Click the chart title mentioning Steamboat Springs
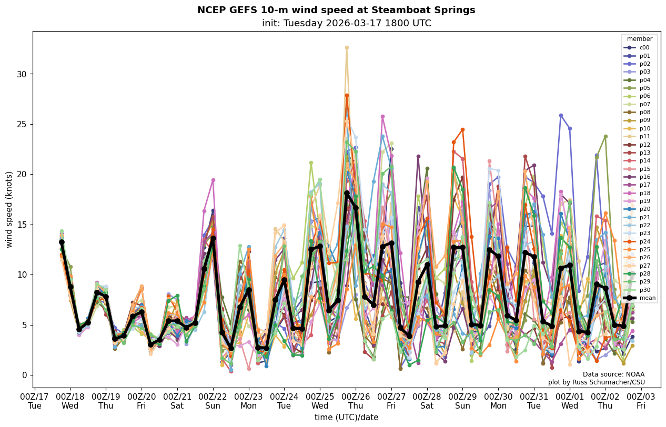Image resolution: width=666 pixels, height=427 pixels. click(336, 10)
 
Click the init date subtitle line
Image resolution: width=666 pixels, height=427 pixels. click(346, 23)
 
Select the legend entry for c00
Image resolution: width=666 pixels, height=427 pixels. click(644, 47)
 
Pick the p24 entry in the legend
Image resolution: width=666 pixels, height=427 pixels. click(644, 241)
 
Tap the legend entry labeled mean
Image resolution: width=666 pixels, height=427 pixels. click(647, 298)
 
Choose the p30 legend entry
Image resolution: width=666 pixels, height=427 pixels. click(644, 290)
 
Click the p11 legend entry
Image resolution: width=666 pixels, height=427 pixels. click(644, 136)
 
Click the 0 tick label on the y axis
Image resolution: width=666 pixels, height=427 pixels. click(23, 375)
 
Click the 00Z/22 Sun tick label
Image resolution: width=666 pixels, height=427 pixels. click(213, 401)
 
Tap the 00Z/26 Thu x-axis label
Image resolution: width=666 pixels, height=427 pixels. click(356, 401)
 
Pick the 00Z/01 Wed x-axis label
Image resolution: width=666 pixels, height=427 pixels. click(570, 401)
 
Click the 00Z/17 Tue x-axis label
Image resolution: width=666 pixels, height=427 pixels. click(35, 401)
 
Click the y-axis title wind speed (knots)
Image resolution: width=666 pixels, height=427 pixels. click(9, 209)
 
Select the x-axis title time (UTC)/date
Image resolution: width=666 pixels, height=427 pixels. click(346, 417)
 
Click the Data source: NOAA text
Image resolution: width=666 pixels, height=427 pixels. click(613, 374)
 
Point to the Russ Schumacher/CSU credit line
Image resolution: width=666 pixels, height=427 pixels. click(596, 382)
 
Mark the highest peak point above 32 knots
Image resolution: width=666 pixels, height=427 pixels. click(347, 47)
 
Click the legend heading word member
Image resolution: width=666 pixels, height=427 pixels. click(639, 39)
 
